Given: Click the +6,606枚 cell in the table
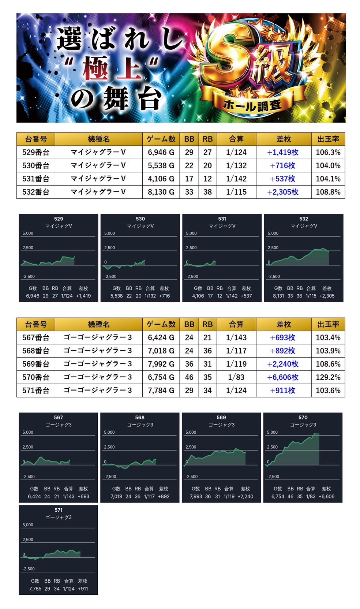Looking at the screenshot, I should pyautogui.click(x=283, y=377).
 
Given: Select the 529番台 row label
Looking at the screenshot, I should pyautogui.click(x=35, y=152).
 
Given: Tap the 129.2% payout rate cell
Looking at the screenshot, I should pyautogui.click(x=328, y=377).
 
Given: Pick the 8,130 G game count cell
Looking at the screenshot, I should pyautogui.click(x=161, y=192).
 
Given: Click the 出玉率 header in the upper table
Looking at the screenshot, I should pyautogui.click(x=328, y=139).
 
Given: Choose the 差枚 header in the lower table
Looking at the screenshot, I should pyautogui.click(x=283, y=324).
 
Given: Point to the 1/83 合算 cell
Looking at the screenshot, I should pyautogui.click(x=236, y=377).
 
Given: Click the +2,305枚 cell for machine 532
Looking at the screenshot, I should pyautogui.click(x=283, y=192).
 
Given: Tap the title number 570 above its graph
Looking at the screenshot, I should pyautogui.click(x=303, y=417).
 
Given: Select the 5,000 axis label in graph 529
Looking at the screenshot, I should pyautogui.click(x=28, y=233).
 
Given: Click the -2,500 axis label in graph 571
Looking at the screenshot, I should pyautogui.click(x=29, y=569).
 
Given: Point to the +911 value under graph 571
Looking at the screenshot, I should pyautogui.click(x=83, y=589).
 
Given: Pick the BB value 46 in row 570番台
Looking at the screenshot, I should pyautogui.click(x=189, y=377).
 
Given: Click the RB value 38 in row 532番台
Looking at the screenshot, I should pyautogui.click(x=207, y=192).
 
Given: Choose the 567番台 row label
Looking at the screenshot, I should pyautogui.click(x=35, y=337).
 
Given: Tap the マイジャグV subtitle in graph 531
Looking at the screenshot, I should pyautogui.click(x=222, y=226).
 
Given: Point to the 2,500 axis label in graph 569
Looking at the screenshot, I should pyautogui.click(x=191, y=447).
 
